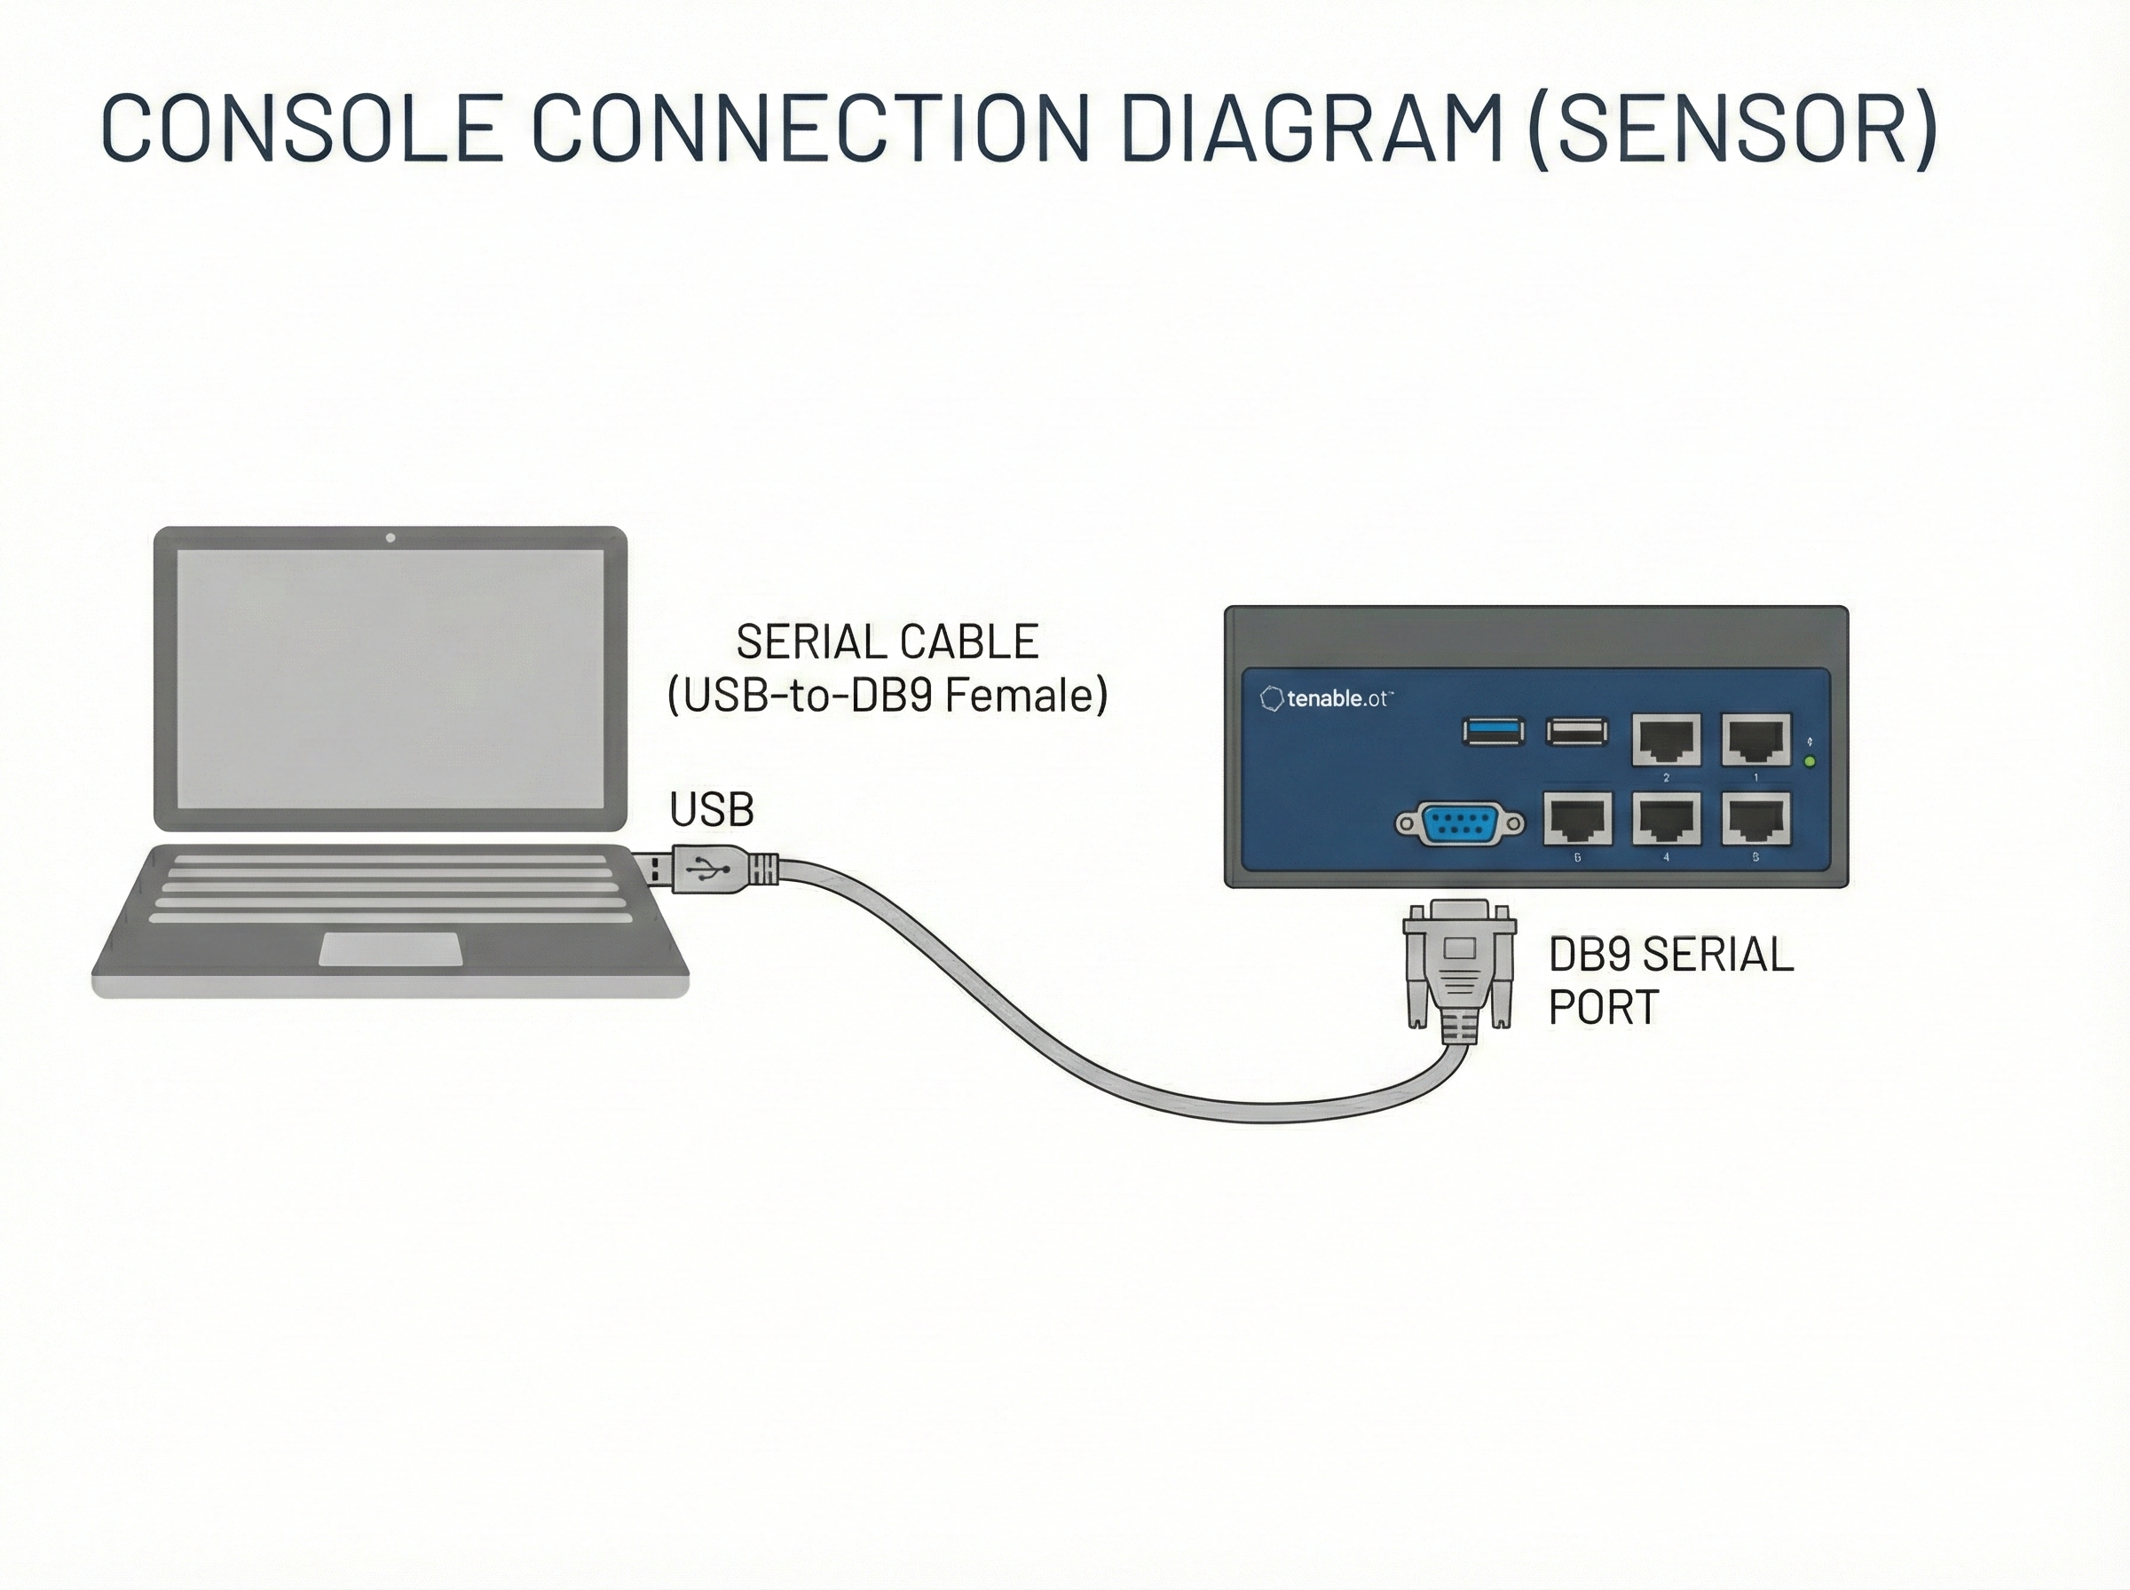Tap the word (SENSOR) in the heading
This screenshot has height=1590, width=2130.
click(x=1732, y=127)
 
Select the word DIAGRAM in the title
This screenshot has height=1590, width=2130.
click(x=1311, y=127)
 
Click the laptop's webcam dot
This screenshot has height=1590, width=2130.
click(x=390, y=538)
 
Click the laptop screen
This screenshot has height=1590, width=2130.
click(x=390, y=679)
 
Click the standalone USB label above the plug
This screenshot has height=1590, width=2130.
click(x=711, y=810)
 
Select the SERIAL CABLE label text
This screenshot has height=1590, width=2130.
click(x=887, y=642)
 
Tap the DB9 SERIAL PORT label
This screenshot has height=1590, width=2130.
click(x=1670, y=980)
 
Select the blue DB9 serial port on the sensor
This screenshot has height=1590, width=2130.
click(x=1460, y=824)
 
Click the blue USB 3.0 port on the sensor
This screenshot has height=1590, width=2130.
click(x=1493, y=732)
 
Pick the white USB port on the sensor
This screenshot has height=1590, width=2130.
click(x=1576, y=732)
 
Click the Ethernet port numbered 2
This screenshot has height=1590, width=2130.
click(x=1666, y=740)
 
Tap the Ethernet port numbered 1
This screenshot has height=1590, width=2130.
click(x=1755, y=740)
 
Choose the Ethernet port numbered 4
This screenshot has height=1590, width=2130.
click(x=1666, y=819)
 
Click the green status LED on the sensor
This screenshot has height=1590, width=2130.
click(x=1810, y=762)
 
